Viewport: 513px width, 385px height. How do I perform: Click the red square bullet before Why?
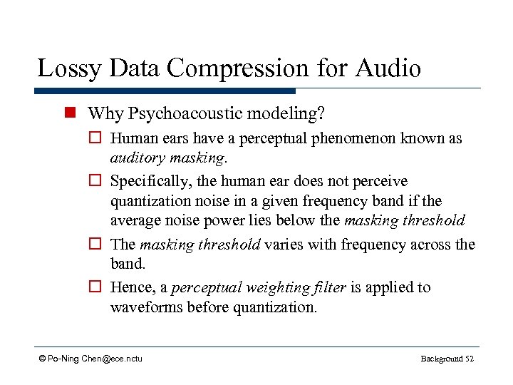coord(69,113)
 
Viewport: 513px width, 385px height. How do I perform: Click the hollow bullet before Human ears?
coord(98,139)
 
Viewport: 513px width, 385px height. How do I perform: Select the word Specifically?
coord(149,181)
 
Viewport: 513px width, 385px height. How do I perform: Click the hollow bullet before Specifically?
coord(98,181)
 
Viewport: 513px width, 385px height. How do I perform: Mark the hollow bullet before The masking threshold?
coord(98,245)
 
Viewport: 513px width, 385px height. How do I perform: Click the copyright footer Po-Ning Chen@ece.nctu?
coord(90,358)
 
